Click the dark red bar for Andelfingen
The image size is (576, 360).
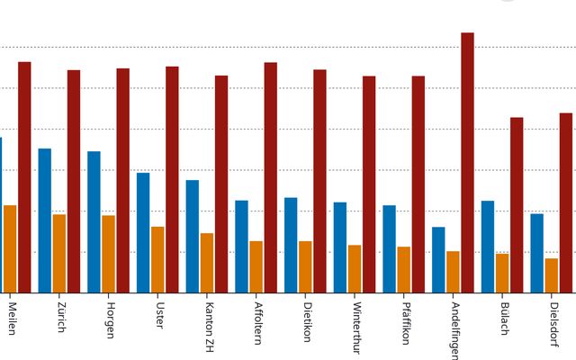coord(467,162)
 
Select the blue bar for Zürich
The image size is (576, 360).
coord(45,220)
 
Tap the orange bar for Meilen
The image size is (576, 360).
coord(10,248)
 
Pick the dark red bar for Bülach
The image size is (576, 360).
coord(517,204)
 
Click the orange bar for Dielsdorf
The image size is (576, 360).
coord(551,275)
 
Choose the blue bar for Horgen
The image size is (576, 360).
coord(94,221)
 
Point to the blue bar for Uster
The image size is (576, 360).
coord(143,232)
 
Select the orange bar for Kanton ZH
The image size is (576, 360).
coord(207,263)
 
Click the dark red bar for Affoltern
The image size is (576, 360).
coord(270,177)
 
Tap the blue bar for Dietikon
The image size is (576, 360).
coord(291,245)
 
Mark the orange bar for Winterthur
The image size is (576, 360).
coord(355,268)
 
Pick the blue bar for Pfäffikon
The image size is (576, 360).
coord(389,248)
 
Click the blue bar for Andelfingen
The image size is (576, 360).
coord(438,259)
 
